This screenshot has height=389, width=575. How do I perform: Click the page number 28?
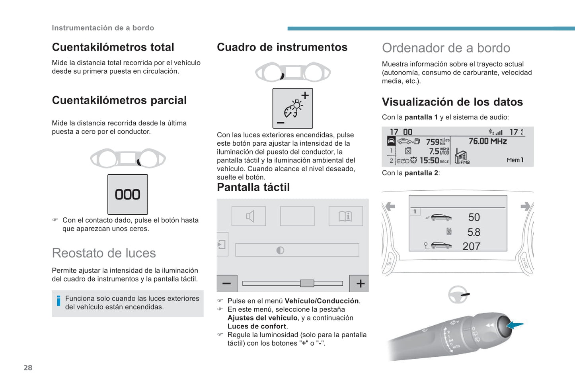(28, 367)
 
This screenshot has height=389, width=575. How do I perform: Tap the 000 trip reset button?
(128, 194)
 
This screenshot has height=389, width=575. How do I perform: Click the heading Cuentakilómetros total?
(113, 47)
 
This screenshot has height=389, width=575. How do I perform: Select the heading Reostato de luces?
(104, 253)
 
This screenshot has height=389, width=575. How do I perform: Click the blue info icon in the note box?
(58, 301)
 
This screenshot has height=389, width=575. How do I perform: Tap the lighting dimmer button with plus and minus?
(292, 108)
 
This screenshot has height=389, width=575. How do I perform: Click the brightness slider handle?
(307, 283)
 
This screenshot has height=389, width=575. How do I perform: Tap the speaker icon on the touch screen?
(249, 216)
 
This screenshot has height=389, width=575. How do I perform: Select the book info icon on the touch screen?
(345, 216)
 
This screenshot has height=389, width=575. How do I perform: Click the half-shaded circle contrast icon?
(280, 250)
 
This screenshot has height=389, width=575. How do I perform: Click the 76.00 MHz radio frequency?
(487, 141)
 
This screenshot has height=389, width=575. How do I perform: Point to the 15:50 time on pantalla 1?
(429, 160)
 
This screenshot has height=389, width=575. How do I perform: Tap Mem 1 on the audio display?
(515, 160)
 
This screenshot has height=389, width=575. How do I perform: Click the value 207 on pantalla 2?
(472, 246)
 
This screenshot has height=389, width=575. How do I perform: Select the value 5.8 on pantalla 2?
(474, 232)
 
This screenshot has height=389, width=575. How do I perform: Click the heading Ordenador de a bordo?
(446, 48)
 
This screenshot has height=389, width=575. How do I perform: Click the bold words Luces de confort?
(257, 326)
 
